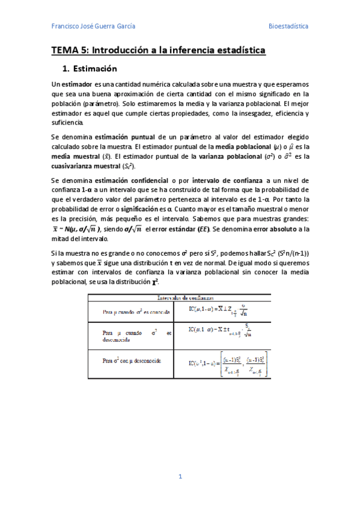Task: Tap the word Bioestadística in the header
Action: click(288, 26)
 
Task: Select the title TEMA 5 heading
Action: click(158, 51)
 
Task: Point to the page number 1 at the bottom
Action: click(180, 477)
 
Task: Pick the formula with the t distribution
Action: click(219, 333)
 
